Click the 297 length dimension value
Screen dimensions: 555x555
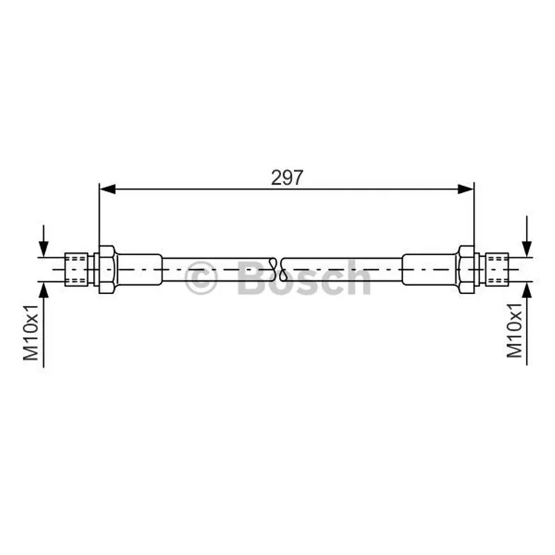[287, 178]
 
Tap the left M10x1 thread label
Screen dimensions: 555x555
[31, 332]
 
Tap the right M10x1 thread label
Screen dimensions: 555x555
[514, 330]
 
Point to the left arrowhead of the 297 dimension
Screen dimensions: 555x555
[108, 189]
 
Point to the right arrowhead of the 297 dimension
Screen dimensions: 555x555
[466, 189]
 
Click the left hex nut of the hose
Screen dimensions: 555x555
[107, 269]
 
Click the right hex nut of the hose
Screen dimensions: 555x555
[466, 269]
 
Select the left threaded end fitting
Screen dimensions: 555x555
[76, 269]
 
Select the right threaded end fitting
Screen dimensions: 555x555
[497, 269]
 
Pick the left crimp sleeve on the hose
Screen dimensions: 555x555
[139, 269]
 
